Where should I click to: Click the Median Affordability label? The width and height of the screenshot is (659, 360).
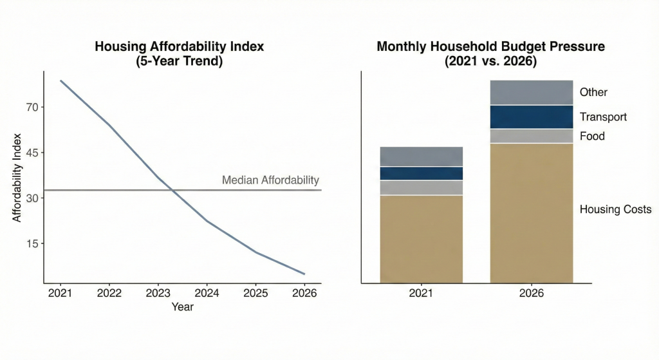(270, 180)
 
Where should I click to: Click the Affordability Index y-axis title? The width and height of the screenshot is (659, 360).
(17, 177)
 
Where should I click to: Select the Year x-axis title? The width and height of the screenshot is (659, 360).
(182, 307)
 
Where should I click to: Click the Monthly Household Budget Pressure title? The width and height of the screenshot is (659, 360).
(490, 55)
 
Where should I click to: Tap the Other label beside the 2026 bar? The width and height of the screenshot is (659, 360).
(593, 92)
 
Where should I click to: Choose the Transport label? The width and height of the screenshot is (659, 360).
(603, 117)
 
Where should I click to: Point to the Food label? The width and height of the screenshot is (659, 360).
(592, 136)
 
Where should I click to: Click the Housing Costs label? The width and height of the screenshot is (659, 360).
(615, 209)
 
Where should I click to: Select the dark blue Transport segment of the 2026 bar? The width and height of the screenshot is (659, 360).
(532, 117)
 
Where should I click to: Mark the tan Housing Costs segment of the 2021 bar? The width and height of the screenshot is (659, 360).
(422, 238)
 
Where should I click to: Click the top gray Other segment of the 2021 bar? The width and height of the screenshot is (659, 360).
(422, 156)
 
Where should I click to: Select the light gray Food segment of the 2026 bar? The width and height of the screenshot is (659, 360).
(532, 136)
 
